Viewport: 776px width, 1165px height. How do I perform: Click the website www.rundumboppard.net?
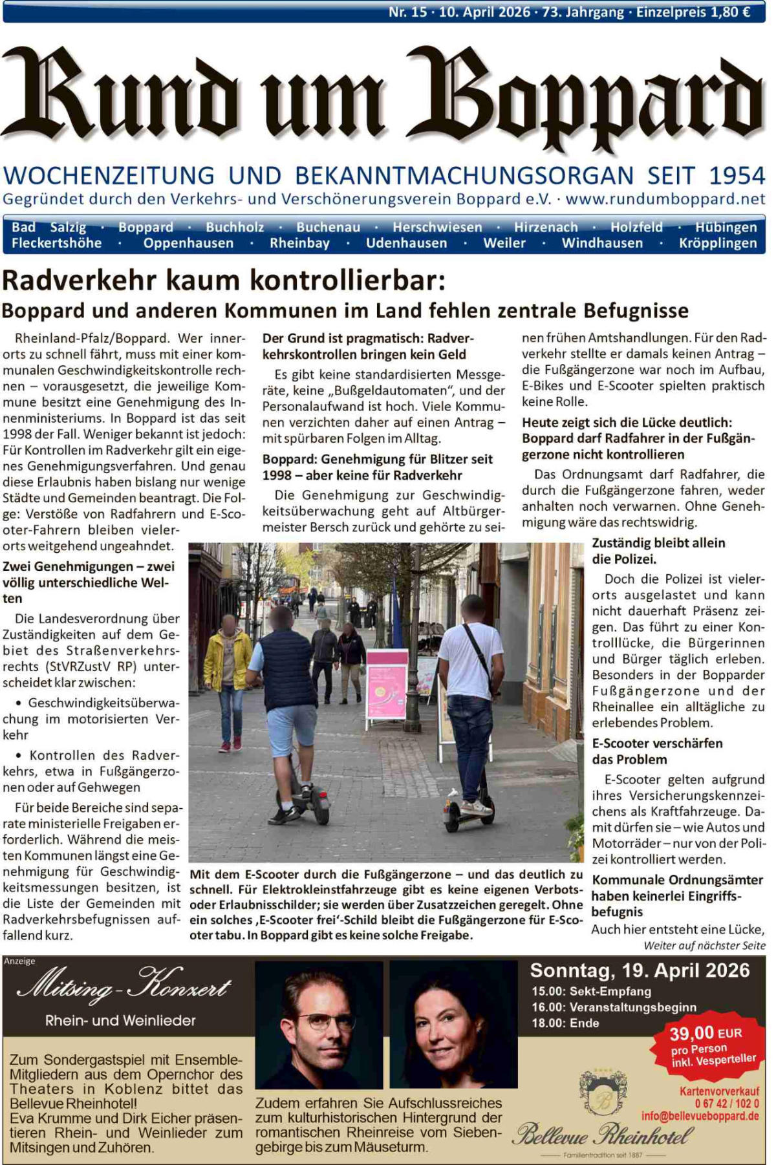665,199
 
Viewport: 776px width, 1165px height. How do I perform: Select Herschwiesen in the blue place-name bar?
437,228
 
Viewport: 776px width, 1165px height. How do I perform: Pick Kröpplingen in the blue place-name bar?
718,243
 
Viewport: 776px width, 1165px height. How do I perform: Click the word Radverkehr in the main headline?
80,281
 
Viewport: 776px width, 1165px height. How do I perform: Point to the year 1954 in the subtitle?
737,176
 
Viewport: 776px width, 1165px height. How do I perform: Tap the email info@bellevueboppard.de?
700,1117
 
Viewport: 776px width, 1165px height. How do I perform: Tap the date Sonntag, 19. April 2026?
640,970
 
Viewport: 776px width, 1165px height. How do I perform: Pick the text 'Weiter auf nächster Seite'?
704,946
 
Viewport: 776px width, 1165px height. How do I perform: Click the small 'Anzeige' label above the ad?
19,961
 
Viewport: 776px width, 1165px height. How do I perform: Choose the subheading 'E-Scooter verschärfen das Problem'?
657,751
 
